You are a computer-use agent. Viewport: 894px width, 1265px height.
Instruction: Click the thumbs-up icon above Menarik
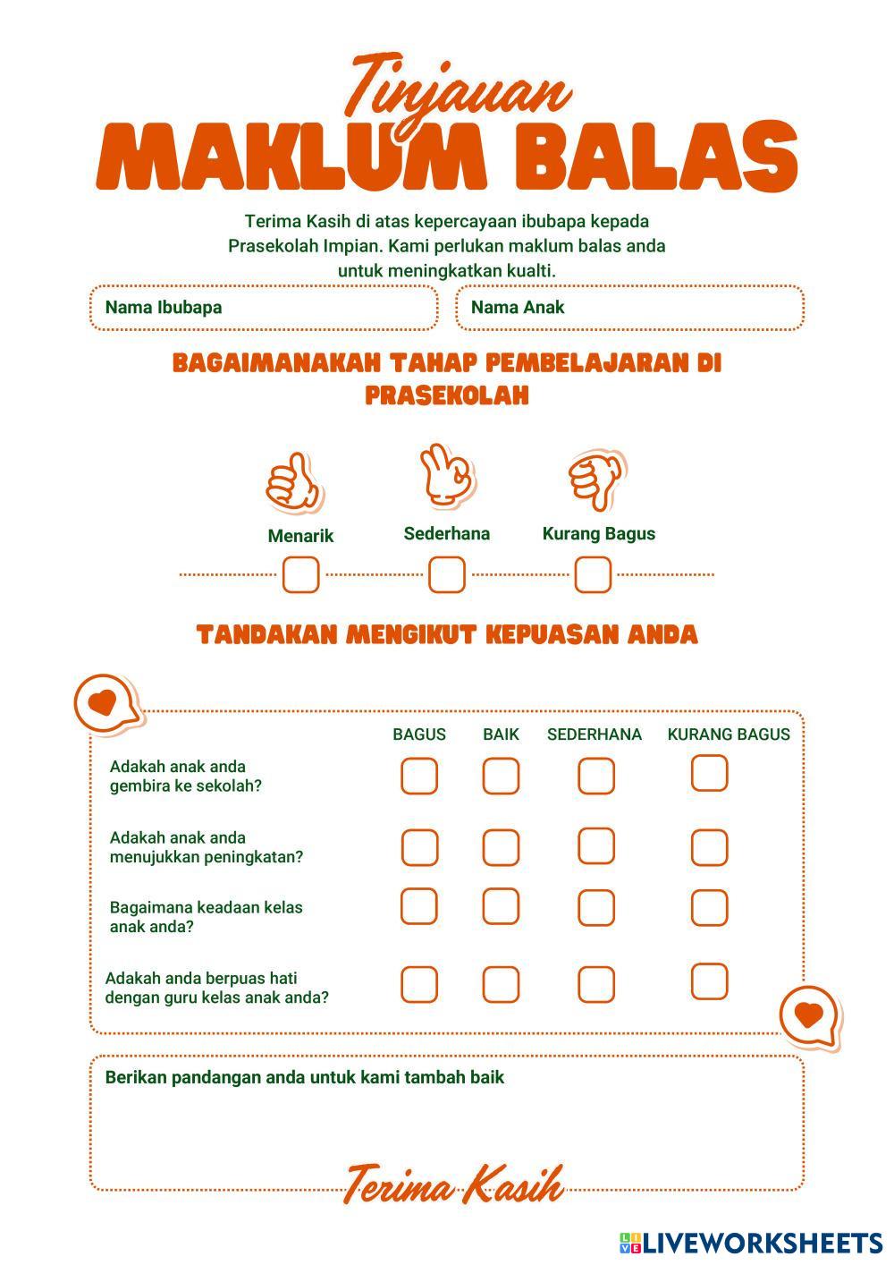point(293,482)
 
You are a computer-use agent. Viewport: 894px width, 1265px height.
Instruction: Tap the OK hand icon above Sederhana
point(447,473)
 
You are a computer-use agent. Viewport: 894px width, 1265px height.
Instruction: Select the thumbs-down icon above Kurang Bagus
point(597,480)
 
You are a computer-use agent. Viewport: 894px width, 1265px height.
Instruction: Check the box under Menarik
point(300,574)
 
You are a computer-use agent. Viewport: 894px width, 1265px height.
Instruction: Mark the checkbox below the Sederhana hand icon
point(446,574)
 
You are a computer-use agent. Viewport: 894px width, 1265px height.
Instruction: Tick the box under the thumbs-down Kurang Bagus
point(593,574)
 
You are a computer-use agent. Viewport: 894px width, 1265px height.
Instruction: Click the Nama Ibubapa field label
point(164,308)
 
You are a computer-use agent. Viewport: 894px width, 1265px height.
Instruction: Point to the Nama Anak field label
point(518,308)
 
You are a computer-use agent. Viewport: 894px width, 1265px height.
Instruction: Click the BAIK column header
point(501,734)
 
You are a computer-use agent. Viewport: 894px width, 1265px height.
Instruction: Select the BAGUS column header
point(419,734)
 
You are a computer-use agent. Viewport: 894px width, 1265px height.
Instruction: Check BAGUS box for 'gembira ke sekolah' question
point(419,776)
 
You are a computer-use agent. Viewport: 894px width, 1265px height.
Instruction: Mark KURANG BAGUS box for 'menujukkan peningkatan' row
point(709,847)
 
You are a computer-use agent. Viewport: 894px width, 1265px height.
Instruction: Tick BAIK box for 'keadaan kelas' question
point(501,907)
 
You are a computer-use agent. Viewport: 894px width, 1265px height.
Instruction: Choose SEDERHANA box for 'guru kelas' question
point(595,985)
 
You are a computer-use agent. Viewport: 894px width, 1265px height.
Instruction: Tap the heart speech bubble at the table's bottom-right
point(809,1016)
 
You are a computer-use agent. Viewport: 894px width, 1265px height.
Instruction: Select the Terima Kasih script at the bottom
point(453,1186)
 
